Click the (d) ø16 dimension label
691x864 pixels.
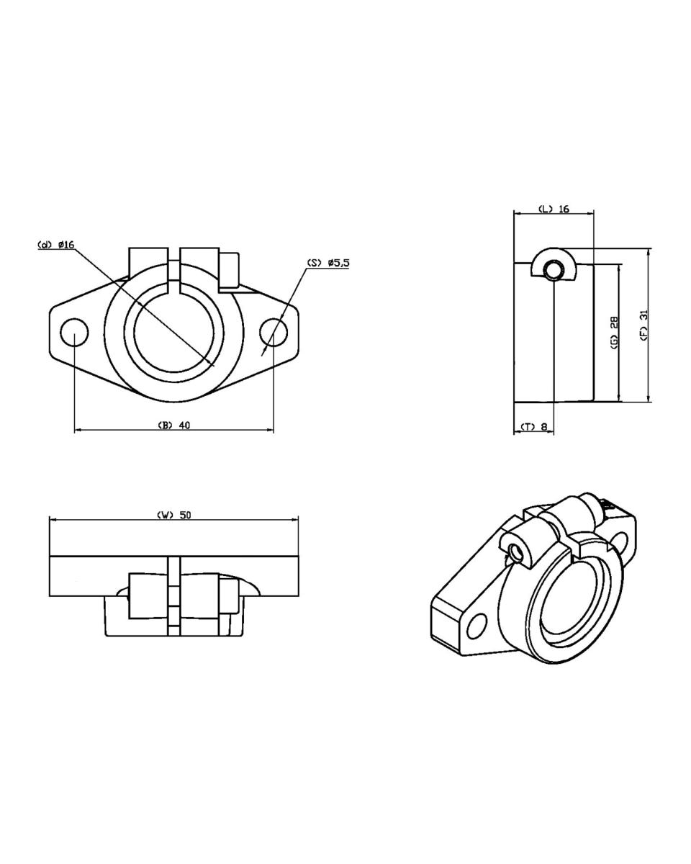pos(56,245)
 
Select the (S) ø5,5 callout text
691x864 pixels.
pos(328,263)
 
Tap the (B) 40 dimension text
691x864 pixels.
pos(173,426)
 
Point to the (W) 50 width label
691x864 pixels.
pos(174,515)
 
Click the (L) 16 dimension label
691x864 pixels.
pos(554,209)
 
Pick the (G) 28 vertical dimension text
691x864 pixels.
pos(614,333)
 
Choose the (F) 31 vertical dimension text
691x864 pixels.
pos(644,325)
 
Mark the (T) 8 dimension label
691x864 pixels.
pos(534,426)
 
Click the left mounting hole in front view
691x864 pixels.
pos(74,333)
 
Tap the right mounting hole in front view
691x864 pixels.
pos(274,333)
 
